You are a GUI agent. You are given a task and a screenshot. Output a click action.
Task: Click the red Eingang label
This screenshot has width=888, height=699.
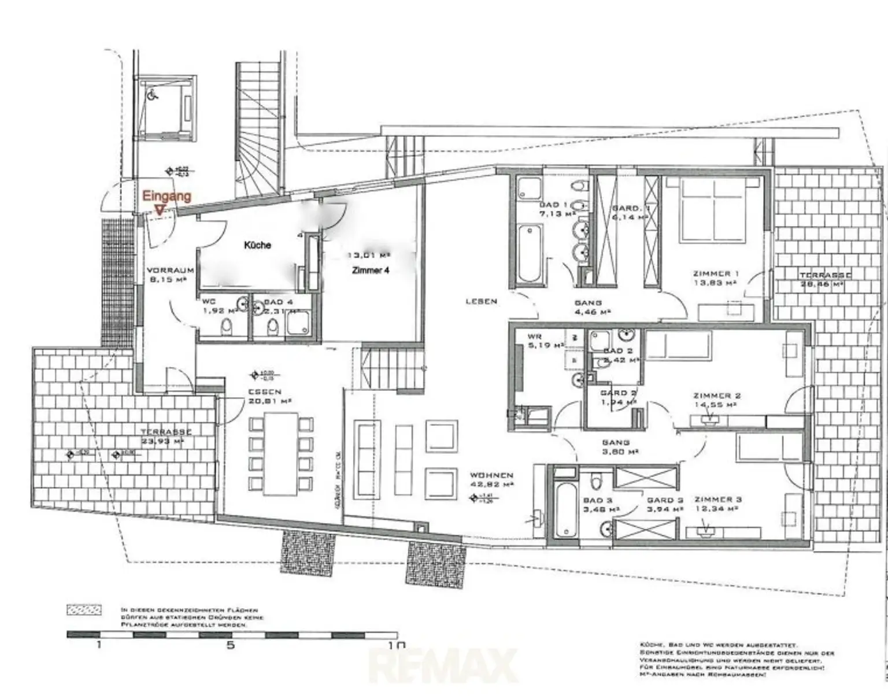pyautogui.click(x=166, y=196)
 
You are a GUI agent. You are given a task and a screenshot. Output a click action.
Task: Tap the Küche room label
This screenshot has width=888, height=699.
pyautogui.click(x=257, y=245)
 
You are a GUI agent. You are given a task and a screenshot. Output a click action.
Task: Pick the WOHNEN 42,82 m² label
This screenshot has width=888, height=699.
pyautogui.click(x=491, y=479)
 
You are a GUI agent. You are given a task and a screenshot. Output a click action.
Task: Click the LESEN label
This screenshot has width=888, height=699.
pyautogui.click(x=481, y=301)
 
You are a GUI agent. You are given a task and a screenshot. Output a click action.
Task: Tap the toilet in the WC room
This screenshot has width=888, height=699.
pyautogui.click(x=226, y=327)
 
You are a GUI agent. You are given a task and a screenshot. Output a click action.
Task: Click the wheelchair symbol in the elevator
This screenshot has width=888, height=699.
pyautogui.click(x=153, y=96)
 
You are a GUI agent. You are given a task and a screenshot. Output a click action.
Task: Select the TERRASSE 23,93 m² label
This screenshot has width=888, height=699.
pyautogui.click(x=166, y=436)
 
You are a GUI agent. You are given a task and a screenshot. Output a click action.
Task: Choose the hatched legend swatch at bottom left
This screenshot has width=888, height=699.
pyautogui.click(x=84, y=610)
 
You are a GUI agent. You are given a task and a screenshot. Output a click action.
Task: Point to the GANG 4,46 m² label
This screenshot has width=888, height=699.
pyautogui.click(x=588, y=306)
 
